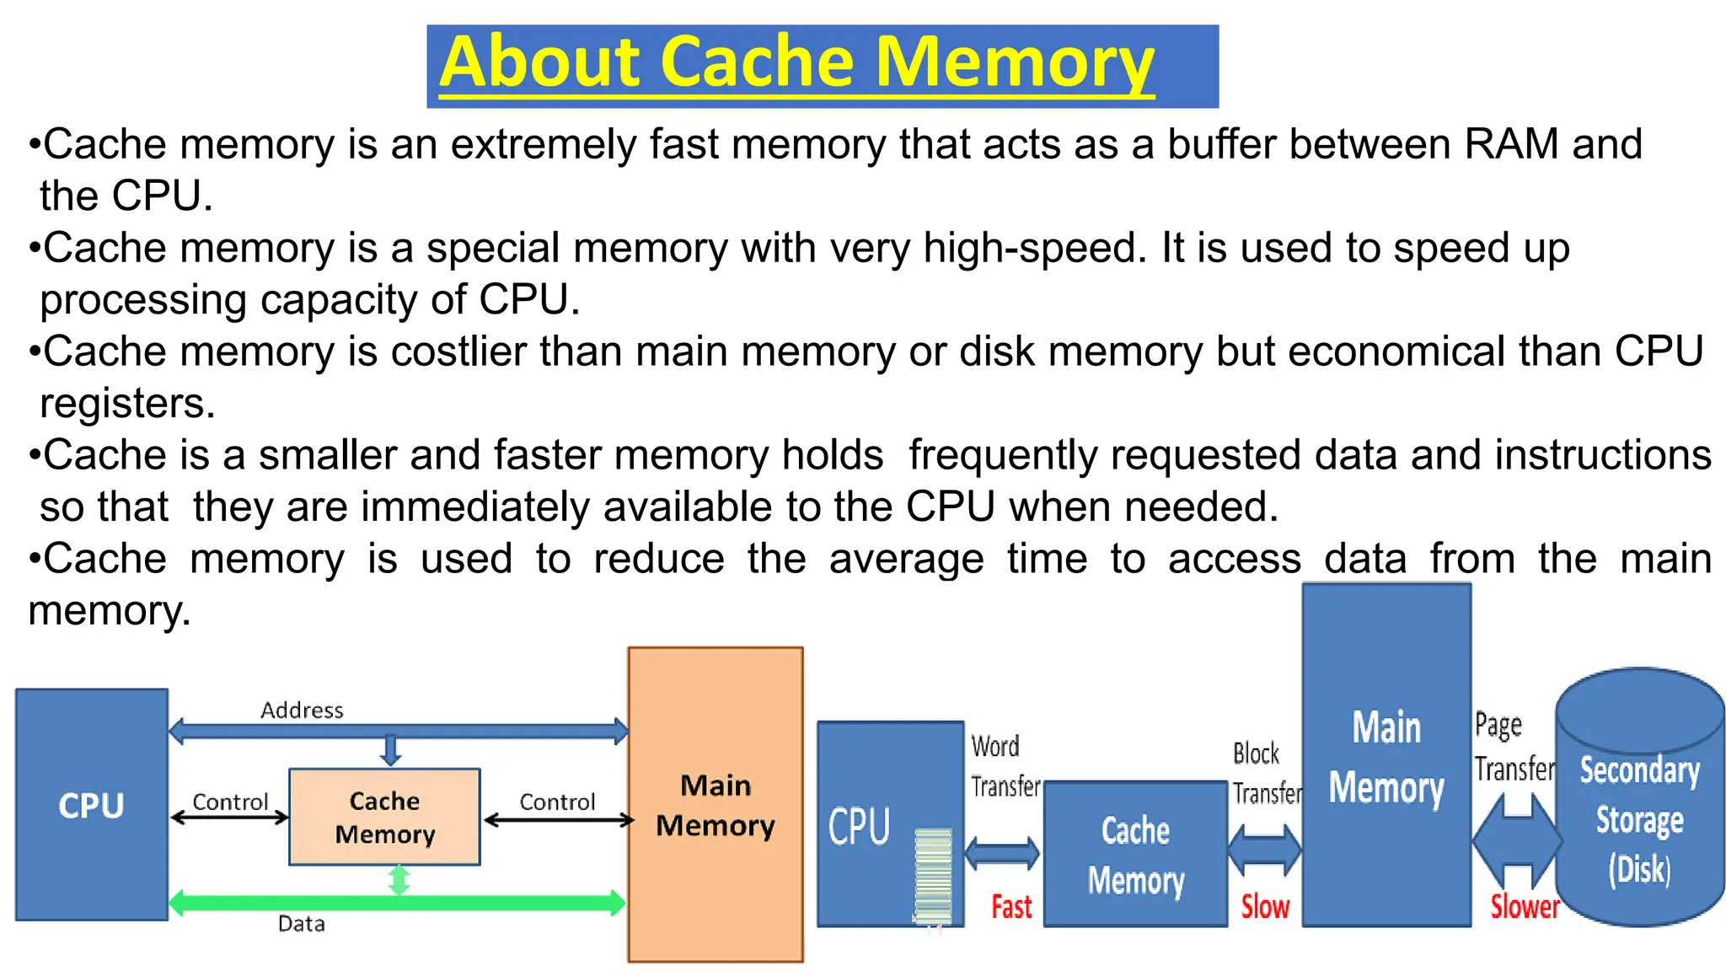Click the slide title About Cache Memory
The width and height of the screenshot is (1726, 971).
pyautogui.click(x=796, y=63)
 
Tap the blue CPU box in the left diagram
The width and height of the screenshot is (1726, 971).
pyautogui.click(x=91, y=805)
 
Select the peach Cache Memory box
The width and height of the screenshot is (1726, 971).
pyautogui.click(x=384, y=817)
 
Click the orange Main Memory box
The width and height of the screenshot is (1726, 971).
pyautogui.click(x=716, y=805)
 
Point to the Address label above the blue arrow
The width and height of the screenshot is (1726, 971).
pyautogui.click(x=302, y=711)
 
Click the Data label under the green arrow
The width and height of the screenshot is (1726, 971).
pyautogui.click(x=302, y=925)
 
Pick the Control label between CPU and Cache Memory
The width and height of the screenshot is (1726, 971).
pyautogui.click(x=230, y=802)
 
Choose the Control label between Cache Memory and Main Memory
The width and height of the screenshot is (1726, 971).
pyautogui.click(x=557, y=802)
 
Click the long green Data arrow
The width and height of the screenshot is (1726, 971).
pyautogui.click(x=506, y=903)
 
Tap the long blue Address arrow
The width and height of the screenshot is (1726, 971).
pyautogui.click(x=506, y=730)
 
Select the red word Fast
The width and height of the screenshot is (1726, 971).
pyautogui.click(x=1011, y=907)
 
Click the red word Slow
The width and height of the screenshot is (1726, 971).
pyautogui.click(x=1265, y=907)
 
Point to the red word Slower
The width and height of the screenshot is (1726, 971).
pyautogui.click(x=1525, y=907)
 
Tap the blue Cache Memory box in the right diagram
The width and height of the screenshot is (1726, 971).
pyautogui.click(x=1135, y=855)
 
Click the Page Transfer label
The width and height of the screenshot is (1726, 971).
pyautogui.click(x=1514, y=747)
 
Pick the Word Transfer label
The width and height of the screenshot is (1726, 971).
pyautogui.click(x=1005, y=765)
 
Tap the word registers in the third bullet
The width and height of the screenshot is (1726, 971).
pyautogui.click(x=127, y=404)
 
